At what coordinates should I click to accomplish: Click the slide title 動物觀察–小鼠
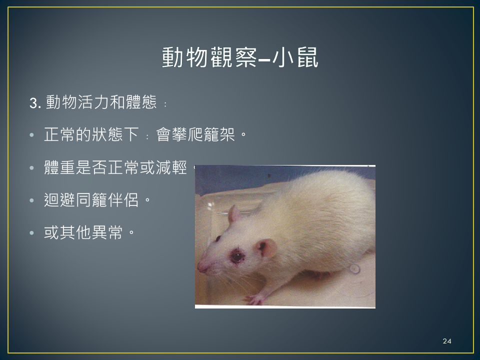(240, 57)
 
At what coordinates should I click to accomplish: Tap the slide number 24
(447, 341)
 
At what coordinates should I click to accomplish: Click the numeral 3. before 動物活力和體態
(35, 103)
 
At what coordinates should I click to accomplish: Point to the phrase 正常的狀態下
(91, 134)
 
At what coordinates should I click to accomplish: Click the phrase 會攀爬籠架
(195, 134)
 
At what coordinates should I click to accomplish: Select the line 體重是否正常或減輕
(115, 167)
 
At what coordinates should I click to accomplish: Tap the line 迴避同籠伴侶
(91, 200)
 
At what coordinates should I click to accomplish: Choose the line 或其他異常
(83, 232)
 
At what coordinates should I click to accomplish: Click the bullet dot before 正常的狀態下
(32, 135)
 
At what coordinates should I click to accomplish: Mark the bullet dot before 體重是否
(32, 168)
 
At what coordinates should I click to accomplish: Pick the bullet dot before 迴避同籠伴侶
(32, 200)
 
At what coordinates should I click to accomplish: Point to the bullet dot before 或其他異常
(32, 233)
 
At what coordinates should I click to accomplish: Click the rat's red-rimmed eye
(237, 256)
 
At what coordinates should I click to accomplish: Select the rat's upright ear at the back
(234, 214)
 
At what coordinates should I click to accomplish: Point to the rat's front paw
(254, 299)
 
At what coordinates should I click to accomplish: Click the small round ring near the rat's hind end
(354, 269)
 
